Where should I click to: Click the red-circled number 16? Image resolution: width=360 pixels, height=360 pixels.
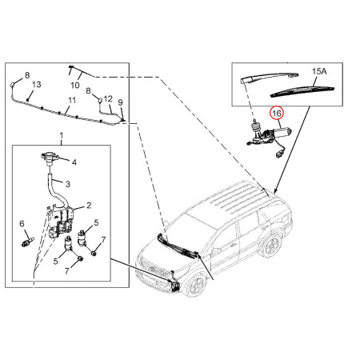[x=277, y=114]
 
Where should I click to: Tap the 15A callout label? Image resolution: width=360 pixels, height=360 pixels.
[x=319, y=71]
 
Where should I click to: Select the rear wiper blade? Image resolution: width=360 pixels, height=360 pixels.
[x=302, y=91]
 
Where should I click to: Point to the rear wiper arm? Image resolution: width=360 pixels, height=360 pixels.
[x=270, y=78]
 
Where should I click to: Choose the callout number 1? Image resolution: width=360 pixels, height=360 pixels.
[x=62, y=135]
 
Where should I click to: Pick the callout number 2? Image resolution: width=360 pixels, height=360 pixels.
[x=89, y=205]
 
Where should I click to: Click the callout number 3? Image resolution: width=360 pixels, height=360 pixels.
[x=68, y=184]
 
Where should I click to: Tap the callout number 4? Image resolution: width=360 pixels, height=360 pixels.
[x=74, y=162]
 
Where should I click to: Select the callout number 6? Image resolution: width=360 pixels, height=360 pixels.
[x=22, y=223]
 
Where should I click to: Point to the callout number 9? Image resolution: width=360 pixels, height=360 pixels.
[x=120, y=102]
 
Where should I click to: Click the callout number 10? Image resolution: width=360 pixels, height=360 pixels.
[x=75, y=85]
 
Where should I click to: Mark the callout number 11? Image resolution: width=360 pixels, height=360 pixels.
[x=72, y=101]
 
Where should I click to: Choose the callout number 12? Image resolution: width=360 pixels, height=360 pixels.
[x=108, y=99]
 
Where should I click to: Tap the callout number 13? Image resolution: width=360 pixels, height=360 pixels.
[x=37, y=84]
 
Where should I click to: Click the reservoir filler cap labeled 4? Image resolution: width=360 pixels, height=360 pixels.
[x=49, y=158]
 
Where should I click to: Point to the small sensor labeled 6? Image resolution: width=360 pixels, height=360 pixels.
[x=27, y=242]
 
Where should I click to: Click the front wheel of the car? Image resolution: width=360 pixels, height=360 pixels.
[x=197, y=284]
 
